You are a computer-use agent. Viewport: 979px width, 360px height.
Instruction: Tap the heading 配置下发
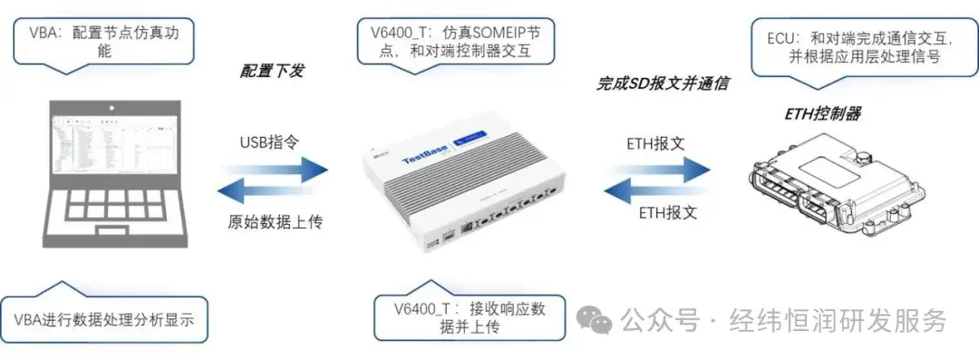tap(270, 71)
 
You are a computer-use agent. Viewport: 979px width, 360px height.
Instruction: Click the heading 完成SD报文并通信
tap(663, 84)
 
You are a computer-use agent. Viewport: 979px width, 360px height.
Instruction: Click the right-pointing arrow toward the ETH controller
tap(658, 168)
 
